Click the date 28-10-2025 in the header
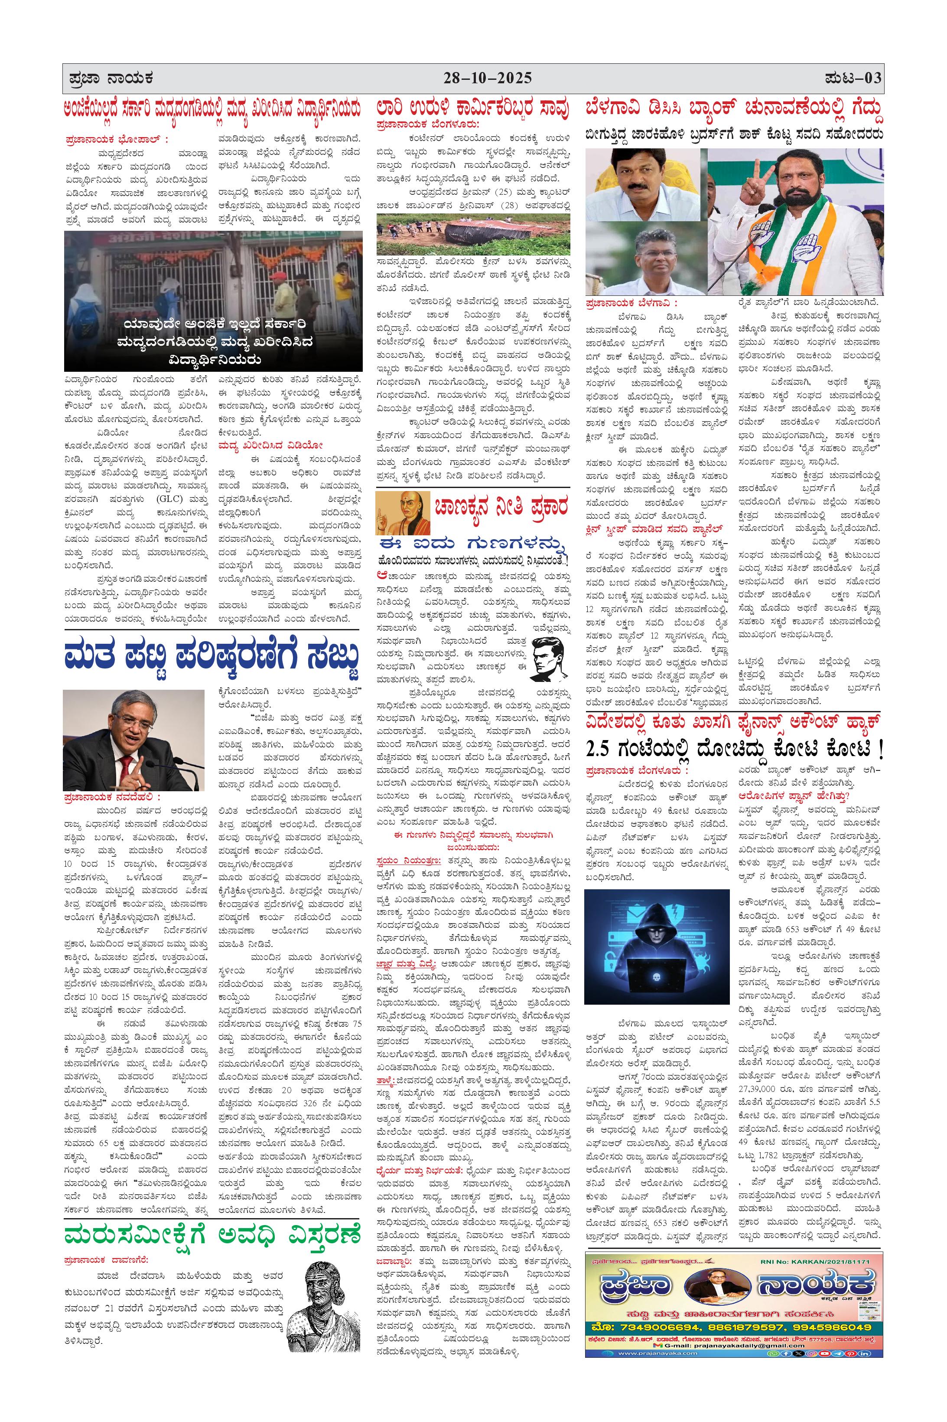488,78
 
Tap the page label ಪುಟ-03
852,78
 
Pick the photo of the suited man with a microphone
133,740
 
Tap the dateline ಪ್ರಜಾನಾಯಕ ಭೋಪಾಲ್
117,140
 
